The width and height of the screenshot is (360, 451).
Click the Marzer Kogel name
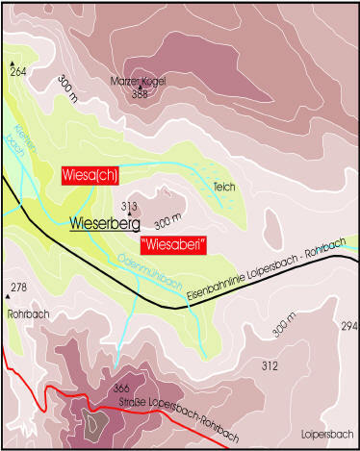click(139, 81)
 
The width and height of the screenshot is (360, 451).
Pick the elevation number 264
click(18, 72)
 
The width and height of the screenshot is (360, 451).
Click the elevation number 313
click(130, 206)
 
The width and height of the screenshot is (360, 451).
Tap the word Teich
click(223, 187)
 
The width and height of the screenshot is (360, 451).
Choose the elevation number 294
click(348, 328)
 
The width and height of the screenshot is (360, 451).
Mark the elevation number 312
click(270, 365)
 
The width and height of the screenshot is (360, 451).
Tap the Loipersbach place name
click(324, 433)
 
